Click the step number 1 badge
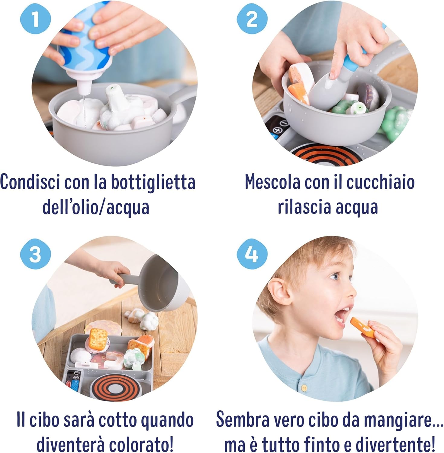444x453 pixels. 35,19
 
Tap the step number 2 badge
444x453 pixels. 252,19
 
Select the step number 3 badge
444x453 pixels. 35,254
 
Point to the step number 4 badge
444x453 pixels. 252,254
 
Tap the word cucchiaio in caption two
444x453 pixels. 380,182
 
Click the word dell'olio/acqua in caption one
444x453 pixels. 96,208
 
